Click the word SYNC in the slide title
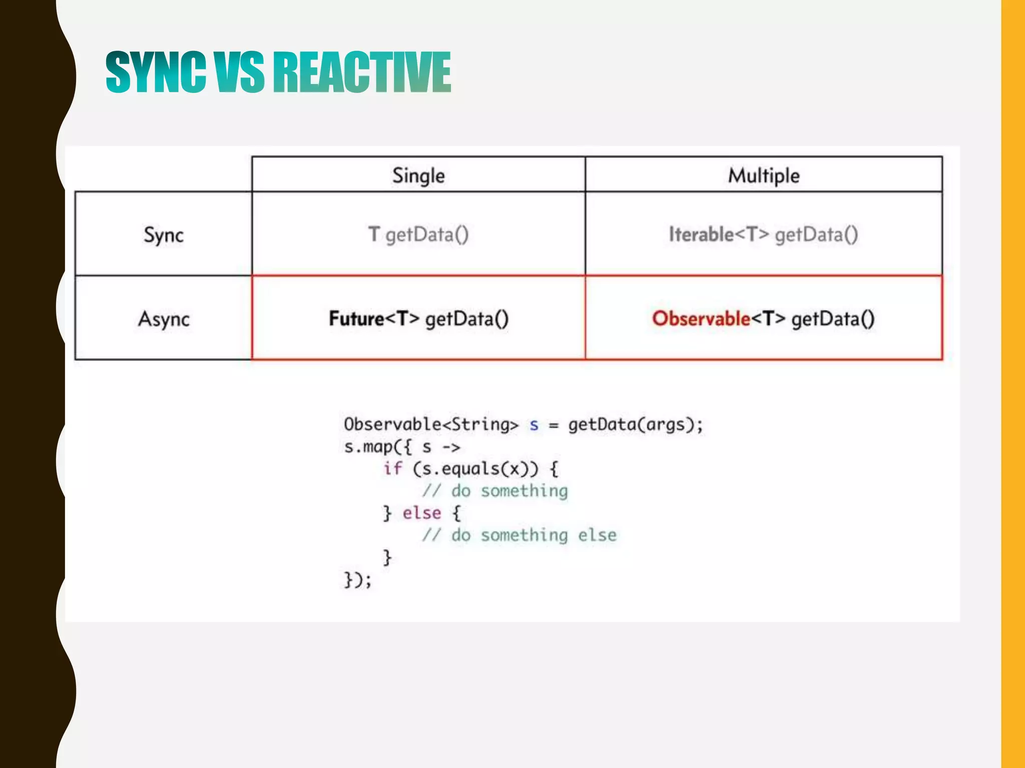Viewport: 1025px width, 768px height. coord(156,72)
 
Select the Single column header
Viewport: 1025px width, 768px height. coord(418,175)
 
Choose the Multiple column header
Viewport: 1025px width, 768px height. coord(764,175)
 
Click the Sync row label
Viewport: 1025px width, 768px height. coord(164,234)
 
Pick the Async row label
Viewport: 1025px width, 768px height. coord(164,318)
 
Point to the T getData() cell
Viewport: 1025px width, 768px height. coord(418,234)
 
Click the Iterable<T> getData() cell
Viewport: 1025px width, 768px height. coord(764,234)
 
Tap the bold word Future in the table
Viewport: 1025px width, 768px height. coord(356,318)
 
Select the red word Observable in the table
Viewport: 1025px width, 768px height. coord(701,318)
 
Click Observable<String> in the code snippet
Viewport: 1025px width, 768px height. coord(431,424)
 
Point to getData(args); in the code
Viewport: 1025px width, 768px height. coord(636,424)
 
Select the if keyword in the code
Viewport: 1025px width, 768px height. coord(393,468)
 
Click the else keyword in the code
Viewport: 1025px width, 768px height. coord(422,513)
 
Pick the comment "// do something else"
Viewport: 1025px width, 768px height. coord(519,535)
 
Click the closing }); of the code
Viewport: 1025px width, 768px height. coord(357,579)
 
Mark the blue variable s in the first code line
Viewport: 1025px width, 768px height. coord(534,425)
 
